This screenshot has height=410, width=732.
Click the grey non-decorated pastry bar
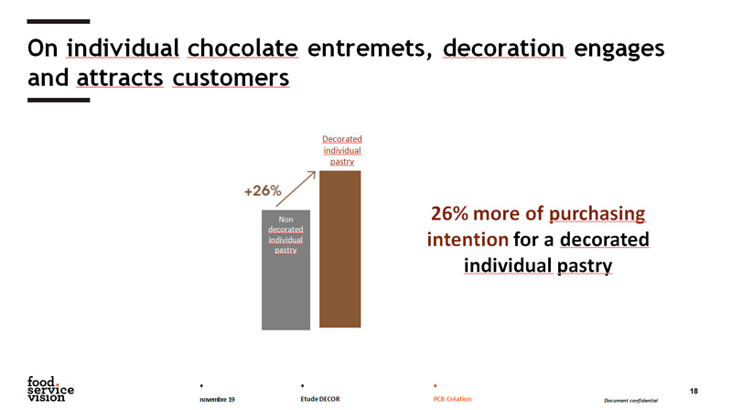click(x=285, y=270)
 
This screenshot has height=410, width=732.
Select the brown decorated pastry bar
click(x=339, y=249)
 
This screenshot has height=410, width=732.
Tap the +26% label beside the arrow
click(x=263, y=190)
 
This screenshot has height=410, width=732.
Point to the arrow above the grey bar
click(x=296, y=189)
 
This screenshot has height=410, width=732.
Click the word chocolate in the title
click(x=242, y=49)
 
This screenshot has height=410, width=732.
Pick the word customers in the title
click(x=231, y=78)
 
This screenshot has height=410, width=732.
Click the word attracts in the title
click(x=120, y=78)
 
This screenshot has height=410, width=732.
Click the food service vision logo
click(x=50, y=389)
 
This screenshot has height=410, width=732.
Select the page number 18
click(x=694, y=391)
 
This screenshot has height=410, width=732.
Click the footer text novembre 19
click(x=217, y=399)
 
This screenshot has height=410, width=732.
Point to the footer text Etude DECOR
click(x=320, y=399)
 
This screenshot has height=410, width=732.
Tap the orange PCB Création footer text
click(x=452, y=399)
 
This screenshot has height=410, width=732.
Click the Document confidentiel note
click(x=630, y=400)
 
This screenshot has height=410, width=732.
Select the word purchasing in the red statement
click(x=597, y=214)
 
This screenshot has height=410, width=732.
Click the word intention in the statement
click(x=468, y=240)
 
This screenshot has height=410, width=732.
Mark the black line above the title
click(x=59, y=21)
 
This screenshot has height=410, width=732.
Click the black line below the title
click(x=59, y=100)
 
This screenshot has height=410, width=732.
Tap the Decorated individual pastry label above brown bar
click(x=342, y=150)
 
